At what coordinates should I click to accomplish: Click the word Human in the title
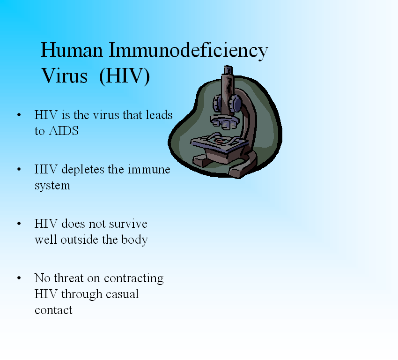coord(72,50)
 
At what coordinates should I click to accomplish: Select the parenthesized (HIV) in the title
coord(125,76)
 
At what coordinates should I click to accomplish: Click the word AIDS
coord(64,131)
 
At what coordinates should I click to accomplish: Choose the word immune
coord(149,170)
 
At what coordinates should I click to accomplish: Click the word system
coord(52,186)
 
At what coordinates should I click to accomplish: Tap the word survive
coord(128,224)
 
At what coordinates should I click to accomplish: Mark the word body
coord(135,240)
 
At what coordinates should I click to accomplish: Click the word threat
coord(69,277)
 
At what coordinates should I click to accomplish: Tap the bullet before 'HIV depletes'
coord(19,169)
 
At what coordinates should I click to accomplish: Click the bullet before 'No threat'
coord(19,278)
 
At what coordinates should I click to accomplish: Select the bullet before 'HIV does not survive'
coord(19,224)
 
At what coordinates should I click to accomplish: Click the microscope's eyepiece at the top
coord(228,70)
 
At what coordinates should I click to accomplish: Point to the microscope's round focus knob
coord(235,104)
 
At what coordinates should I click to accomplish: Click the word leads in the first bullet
coord(159,115)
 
